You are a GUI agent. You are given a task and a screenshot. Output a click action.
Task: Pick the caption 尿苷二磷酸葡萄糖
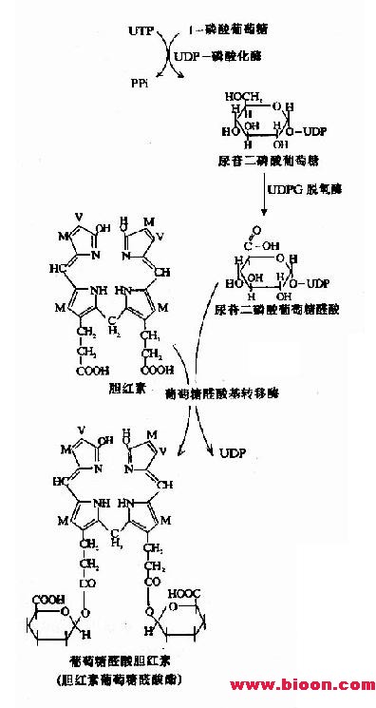[259, 163]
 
